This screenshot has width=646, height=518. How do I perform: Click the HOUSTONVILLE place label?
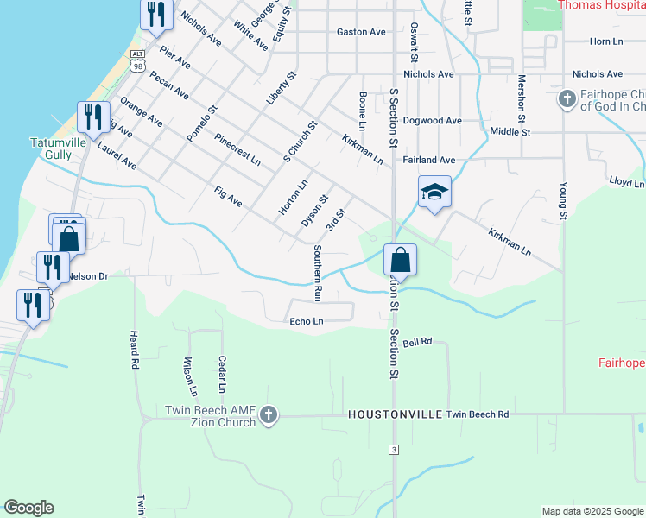pos(395,414)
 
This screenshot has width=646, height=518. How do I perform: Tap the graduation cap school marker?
pos(434,193)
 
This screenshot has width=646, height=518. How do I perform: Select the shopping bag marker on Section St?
pos(400,259)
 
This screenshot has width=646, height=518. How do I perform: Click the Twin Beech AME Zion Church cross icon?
pos(268,415)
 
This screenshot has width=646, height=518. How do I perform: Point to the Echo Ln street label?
pos(307,321)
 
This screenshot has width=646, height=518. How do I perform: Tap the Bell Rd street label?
pos(416,343)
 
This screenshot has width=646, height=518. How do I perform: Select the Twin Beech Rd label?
pos(478,414)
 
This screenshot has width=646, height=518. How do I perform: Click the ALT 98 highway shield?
pos(137,60)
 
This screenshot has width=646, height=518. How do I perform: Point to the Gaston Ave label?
pos(361,32)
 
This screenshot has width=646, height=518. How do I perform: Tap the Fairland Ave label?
pos(428,160)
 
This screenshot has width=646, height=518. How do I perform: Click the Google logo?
pos(28,508)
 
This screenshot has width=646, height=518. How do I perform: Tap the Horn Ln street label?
pos(606,41)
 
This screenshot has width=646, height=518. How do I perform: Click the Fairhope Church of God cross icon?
pos(567,99)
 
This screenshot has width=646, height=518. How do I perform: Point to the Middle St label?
pos(510,132)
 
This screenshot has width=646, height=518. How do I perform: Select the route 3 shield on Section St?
pos(394,450)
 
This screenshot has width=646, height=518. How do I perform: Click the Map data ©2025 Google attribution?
pos(592,511)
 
